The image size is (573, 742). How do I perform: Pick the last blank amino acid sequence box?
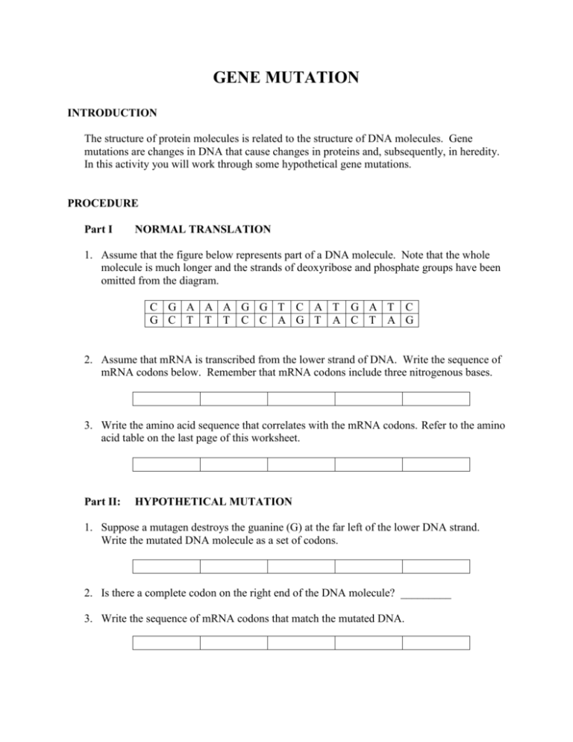[x=436, y=464]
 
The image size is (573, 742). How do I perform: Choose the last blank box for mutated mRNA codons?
[x=436, y=641]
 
